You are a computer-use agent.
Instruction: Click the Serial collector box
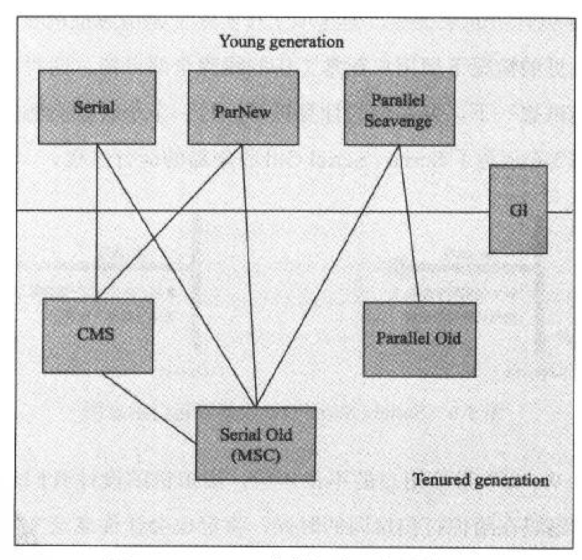tap(97, 107)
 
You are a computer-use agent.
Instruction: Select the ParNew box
tap(243, 107)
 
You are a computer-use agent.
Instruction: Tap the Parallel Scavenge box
tap(400, 108)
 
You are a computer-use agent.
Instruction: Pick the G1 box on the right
tap(518, 209)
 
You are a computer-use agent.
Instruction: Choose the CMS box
tap(98, 336)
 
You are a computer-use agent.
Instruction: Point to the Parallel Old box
tap(419, 339)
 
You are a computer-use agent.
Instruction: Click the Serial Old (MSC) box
tap(256, 443)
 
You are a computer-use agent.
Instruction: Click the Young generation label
tap(282, 42)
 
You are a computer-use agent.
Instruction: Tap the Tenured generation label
tap(480, 480)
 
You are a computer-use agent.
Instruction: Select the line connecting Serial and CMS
tap(97, 222)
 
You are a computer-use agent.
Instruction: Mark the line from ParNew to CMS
tap(169, 222)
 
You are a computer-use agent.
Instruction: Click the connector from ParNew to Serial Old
tap(249, 276)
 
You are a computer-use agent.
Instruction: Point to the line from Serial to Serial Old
tap(176, 276)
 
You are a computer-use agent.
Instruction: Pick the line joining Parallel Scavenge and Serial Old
tap(328, 276)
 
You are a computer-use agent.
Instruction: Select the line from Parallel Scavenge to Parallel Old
tap(409, 224)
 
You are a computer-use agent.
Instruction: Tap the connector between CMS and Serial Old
tap(149, 409)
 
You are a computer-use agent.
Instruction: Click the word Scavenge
tap(398, 122)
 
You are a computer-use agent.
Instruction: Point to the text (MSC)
tap(256, 456)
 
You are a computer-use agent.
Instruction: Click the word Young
tap(242, 42)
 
